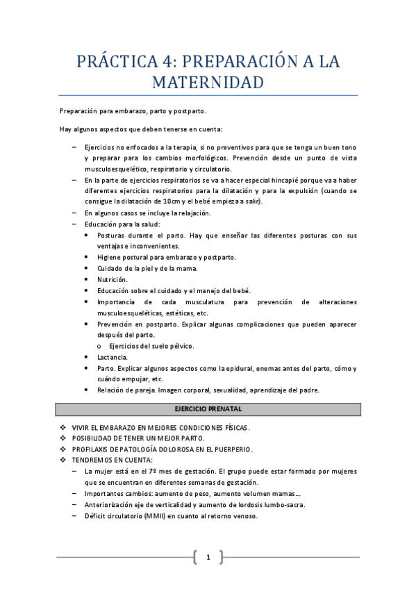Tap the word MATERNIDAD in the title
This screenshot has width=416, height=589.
pyautogui.click(x=208, y=83)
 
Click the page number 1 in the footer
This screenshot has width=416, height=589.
pyautogui.click(x=208, y=557)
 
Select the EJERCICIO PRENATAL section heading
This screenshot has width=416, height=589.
pyautogui.click(x=208, y=409)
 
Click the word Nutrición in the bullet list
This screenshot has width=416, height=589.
pyautogui.click(x=112, y=279)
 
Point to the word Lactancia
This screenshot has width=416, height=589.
pyautogui.click(x=113, y=357)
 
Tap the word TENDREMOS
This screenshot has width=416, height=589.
pyautogui.click(x=92, y=460)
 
